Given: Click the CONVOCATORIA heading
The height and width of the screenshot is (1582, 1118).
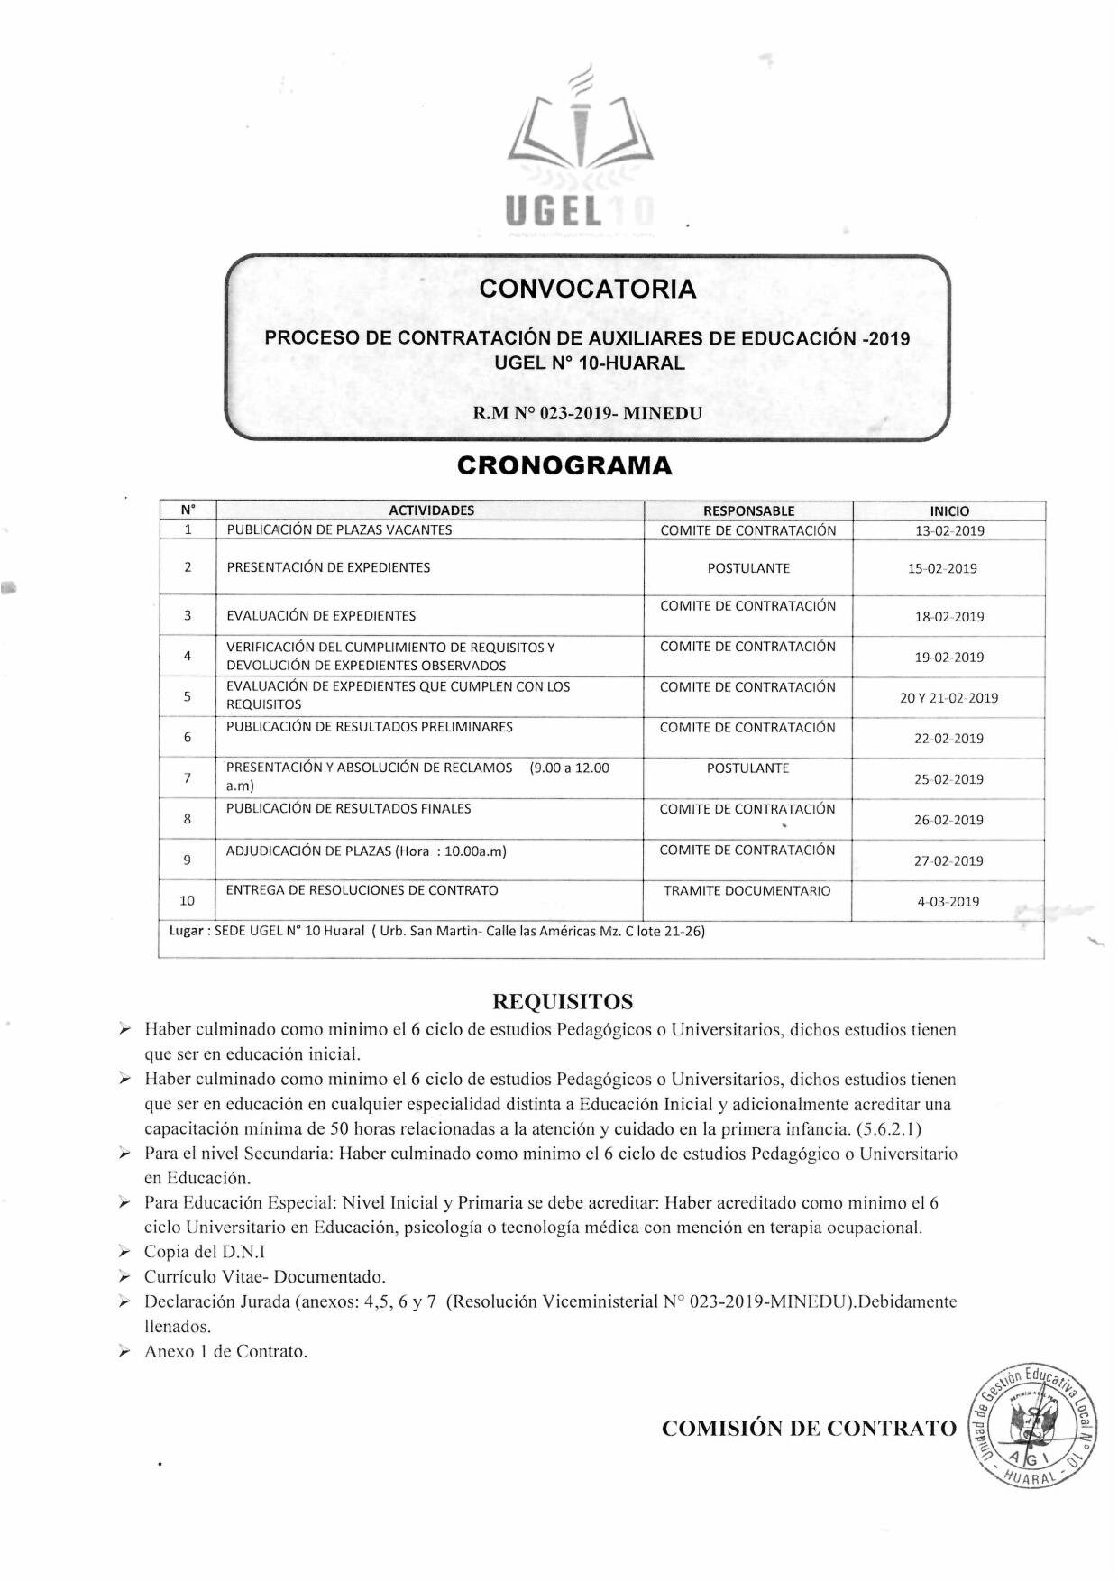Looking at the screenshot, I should [x=588, y=289].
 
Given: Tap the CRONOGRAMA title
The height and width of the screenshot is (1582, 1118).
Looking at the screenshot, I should [x=564, y=465].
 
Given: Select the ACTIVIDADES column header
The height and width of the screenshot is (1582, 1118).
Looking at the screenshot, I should [x=431, y=510].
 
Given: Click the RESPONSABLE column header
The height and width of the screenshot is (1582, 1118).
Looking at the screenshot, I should [x=748, y=510].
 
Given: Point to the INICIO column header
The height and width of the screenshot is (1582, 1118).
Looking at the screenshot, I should [x=949, y=510].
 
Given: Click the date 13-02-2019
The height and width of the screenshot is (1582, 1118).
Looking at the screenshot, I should [x=949, y=530].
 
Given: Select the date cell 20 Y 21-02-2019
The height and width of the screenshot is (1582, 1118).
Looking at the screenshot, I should [x=948, y=698].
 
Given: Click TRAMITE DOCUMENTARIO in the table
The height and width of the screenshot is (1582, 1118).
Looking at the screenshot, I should [x=747, y=891].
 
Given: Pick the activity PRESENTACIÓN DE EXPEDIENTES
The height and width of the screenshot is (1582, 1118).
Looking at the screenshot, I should [x=328, y=567].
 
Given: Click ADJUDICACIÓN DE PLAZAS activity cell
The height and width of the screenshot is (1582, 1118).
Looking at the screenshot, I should [x=366, y=851].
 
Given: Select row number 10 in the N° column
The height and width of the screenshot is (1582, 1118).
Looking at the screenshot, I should [x=187, y=900].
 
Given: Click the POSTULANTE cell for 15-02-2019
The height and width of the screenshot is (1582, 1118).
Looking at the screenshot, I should [x=748, y=568].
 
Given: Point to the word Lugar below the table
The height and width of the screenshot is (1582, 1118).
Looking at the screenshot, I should [x=187, y=931].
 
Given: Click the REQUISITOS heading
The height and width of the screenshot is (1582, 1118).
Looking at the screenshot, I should [x=563, y=1001].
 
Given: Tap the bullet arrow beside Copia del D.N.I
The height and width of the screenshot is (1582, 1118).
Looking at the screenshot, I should [x=125, y=1252].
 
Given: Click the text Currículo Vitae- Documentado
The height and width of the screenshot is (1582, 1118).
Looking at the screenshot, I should [x=265, y=1276].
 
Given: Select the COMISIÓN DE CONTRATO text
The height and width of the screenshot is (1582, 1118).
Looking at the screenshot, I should [x=809, y=1429].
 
